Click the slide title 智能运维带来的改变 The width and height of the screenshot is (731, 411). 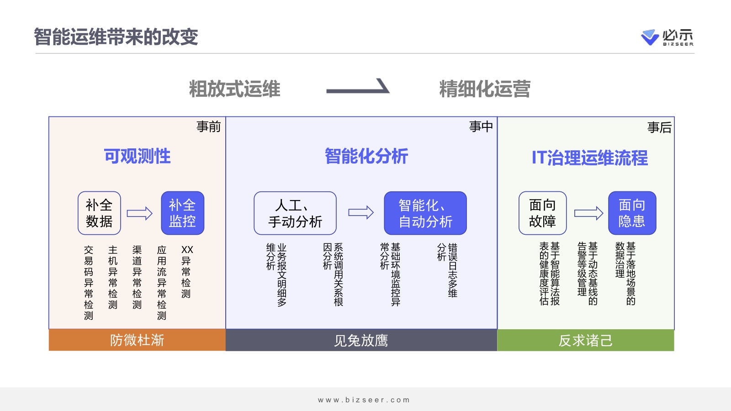[116, 37]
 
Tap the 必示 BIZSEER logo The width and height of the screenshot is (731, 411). [667, 37]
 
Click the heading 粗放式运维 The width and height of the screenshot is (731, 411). [234, 89]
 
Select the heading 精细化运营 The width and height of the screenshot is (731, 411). [485, 89]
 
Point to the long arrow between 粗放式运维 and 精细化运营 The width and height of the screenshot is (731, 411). [358, 89]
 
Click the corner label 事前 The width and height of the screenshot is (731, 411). [208, 126]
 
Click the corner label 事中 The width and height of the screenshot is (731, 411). [481, 126]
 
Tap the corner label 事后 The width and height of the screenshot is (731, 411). [659, 127]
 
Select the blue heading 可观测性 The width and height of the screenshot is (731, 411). [137, 156]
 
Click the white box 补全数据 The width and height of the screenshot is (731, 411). [99, 213]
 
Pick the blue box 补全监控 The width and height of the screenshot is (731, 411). [182, 213]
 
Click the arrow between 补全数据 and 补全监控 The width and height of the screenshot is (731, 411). [139, 213]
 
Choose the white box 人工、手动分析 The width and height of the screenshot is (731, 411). [295, 213]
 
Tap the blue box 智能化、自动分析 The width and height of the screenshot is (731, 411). [425, 213]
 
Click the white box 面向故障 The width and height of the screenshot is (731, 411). [542, 213]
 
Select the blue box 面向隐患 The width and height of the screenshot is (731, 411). [632, 213]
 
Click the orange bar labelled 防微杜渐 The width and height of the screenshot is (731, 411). [137, 340]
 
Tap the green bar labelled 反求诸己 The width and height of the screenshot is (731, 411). [585, 341]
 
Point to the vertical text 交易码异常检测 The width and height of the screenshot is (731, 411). [89, 282]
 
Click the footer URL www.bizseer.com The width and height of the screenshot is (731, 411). [364, 400]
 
